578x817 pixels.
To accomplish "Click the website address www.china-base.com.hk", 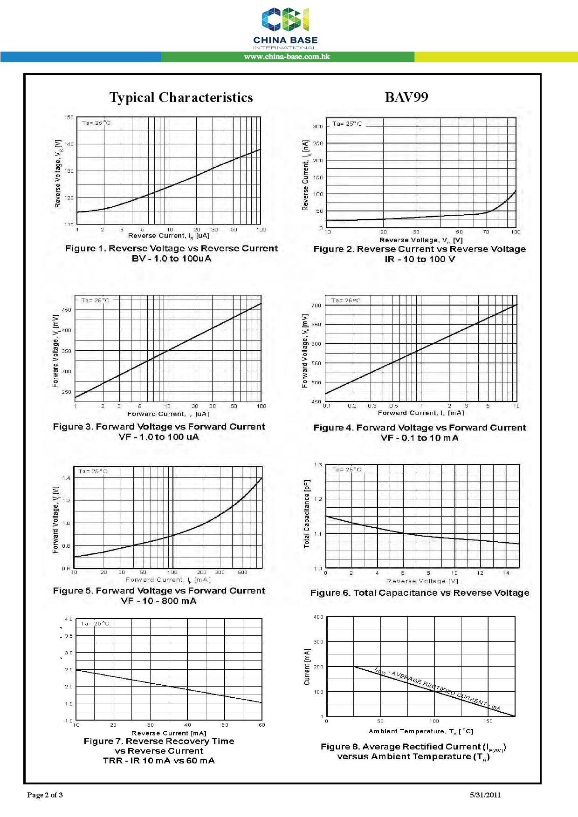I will [287, 57].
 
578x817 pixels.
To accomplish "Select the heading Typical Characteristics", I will [181, 97].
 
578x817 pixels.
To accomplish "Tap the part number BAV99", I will [406, 97].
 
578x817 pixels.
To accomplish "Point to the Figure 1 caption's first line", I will [172, 248].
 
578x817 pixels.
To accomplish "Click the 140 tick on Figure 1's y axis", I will [69, 144].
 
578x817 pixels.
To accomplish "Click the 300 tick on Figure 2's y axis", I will [318, 127].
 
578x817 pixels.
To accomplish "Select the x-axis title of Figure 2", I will [420, 240].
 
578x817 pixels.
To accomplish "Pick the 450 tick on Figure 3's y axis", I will [67, 310].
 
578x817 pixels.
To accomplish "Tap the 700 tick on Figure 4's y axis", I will [317, 306].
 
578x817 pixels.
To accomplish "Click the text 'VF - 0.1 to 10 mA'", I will [420, 438].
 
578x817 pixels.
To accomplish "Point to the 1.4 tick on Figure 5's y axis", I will [66, 478].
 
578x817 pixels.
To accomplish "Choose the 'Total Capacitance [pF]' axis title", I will [307, 514].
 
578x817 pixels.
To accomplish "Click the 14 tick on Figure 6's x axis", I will [506, 573].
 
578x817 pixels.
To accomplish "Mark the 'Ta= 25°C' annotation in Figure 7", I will [95, 624].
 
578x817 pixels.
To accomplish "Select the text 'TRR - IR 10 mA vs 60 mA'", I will [159, 761].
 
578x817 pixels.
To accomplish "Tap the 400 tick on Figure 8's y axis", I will [318, 617].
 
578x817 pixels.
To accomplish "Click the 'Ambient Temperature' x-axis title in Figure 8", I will [420, 731].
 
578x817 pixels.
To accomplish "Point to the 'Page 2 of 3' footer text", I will [45, 795].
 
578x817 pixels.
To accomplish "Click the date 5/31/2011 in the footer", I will [485, 795].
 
